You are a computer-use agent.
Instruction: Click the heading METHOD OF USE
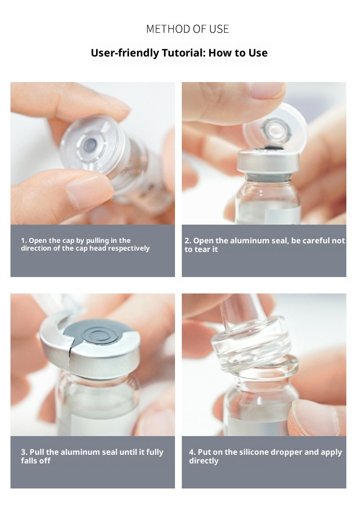(187, 29)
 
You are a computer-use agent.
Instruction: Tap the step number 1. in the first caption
(24, 241)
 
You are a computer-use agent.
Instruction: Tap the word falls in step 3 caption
(29, 461)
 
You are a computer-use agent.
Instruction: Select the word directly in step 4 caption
(204, 461)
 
